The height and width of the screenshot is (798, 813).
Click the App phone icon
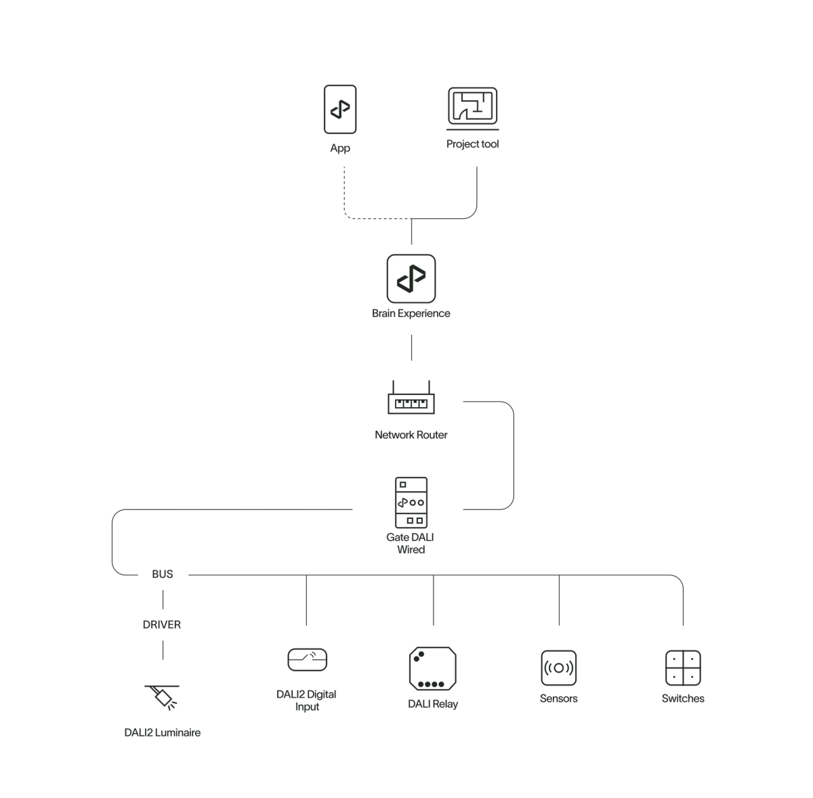339,109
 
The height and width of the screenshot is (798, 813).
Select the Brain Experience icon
411,278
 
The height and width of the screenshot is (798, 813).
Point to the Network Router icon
411,400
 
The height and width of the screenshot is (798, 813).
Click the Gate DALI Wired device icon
411,503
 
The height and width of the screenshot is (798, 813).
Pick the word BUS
163,574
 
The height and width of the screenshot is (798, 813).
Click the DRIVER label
163,625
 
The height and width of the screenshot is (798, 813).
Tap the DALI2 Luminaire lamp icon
163,696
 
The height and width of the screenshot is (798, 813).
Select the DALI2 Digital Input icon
307,660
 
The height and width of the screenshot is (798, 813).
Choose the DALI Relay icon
432,668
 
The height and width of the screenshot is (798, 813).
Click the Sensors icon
559,668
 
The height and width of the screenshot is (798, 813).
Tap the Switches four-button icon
683,668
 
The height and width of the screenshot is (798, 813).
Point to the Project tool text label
473,144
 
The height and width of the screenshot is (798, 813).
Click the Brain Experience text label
411,314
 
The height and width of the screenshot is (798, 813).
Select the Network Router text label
411,434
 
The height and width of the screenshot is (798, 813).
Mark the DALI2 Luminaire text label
163,732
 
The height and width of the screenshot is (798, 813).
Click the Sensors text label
559,698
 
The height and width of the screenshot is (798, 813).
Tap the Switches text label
683,698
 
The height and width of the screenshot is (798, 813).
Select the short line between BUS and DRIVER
163,599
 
